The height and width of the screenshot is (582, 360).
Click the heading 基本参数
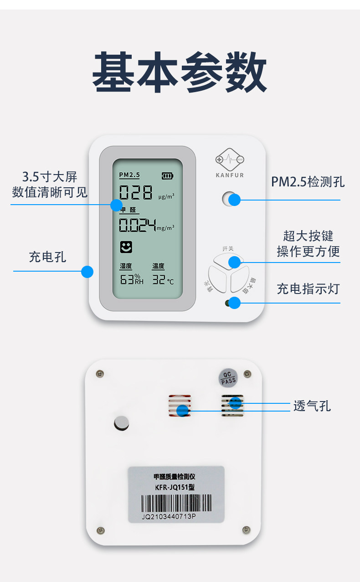180,73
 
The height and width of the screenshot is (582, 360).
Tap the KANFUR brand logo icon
230,160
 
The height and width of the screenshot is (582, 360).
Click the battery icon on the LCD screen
168,175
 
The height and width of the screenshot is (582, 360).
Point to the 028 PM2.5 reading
136,193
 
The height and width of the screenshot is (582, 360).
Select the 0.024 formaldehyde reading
137,225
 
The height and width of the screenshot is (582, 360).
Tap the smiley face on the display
126,247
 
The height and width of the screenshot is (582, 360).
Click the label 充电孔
47,257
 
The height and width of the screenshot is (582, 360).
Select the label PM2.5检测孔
308,182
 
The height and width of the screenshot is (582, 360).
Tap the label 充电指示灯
308,288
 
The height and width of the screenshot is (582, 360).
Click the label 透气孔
312,406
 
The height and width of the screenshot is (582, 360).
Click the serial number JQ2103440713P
169,517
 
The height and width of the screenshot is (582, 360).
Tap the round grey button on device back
122,422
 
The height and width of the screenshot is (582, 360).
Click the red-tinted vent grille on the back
180,405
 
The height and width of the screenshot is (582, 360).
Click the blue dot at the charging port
87,272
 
